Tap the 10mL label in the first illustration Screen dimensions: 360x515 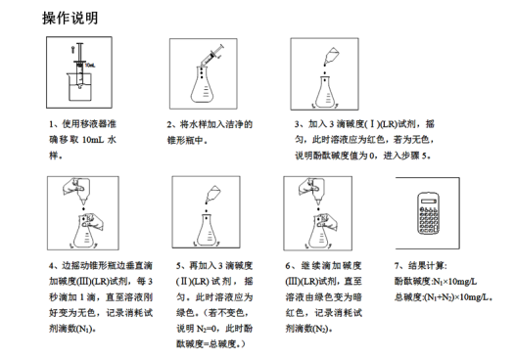pyautogui.click(x=90, y=65)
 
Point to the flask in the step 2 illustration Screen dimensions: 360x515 pyautogui.click(x=204, y=86)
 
